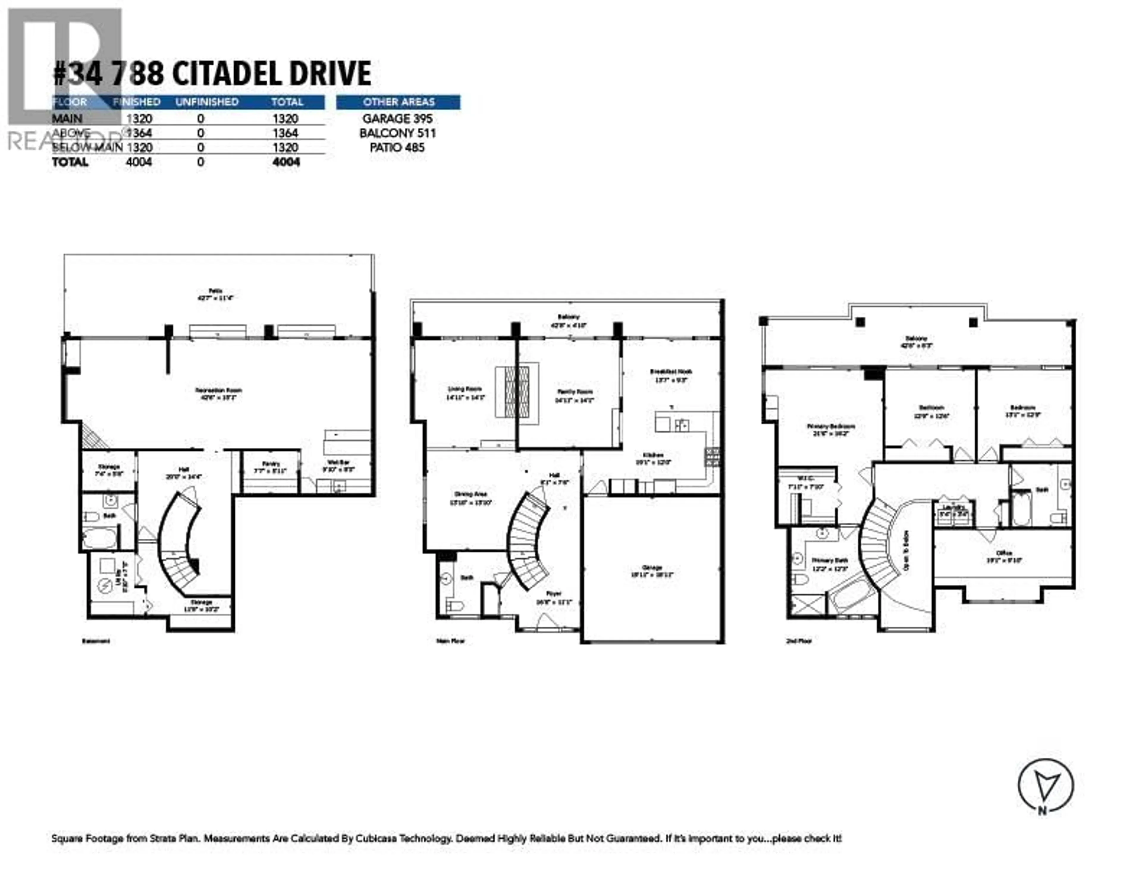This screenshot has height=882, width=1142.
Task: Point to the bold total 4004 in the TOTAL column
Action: click(286, 162)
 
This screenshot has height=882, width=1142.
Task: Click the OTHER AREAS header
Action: click(399, 102)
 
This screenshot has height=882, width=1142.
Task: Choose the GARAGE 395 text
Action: click(397, 119)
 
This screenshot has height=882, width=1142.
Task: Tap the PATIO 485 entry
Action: click(397, 147)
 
